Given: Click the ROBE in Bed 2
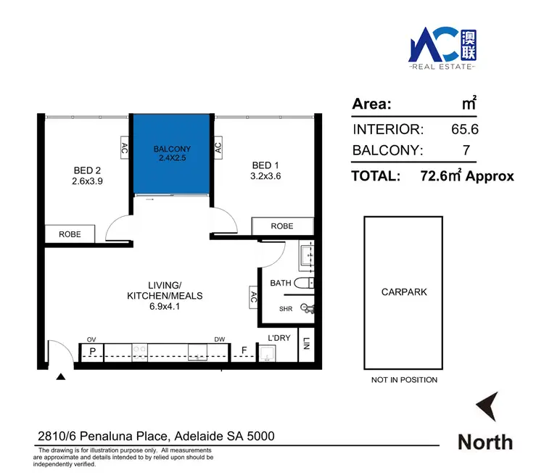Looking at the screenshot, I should coord(70,234).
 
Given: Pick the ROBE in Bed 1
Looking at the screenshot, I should coord(282,226).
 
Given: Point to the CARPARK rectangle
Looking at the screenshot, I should coord(404,292).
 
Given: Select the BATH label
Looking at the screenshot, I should coord(281,283).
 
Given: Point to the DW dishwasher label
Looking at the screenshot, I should coord(218,339).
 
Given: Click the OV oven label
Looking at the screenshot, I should coord(91,339).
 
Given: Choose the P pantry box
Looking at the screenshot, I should coord(92,352).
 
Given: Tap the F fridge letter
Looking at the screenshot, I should coord(244,352).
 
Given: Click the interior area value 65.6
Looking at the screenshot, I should coord(465,130).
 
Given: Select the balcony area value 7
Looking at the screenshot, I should coord(466,151).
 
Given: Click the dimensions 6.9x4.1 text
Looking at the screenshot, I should coord(165,307).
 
